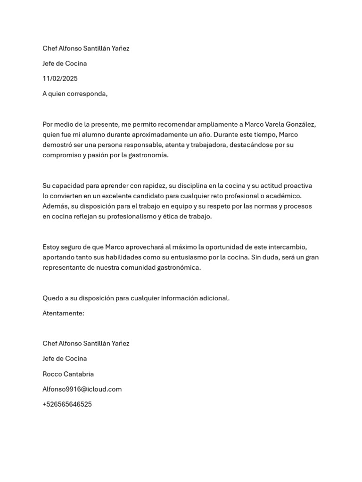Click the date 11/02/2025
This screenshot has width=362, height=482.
coord(60,79)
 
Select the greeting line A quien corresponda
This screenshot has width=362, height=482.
coord(75,94)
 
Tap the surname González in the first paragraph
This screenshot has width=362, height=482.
coord(299,124)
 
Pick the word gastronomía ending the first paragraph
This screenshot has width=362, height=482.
coord(145,155)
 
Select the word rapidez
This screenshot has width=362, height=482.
coord(151,185)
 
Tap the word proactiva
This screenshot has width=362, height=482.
coord(296,185)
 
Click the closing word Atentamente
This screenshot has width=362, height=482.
coord(63,313)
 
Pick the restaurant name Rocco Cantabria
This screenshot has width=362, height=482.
coord(68,374)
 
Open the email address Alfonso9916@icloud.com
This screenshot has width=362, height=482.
coord(82,389)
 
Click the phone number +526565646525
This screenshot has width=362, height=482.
coord(67,404)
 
